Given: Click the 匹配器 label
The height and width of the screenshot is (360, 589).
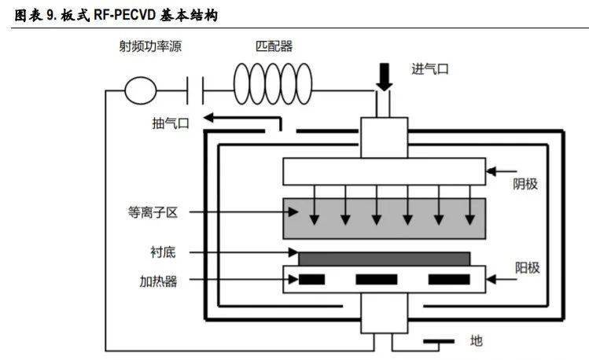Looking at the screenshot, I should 274,46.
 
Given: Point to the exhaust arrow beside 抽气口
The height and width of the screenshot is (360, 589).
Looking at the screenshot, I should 240,119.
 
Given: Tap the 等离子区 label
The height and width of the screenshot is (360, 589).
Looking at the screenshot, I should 149,211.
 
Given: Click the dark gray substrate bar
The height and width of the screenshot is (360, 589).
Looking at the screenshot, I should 384,258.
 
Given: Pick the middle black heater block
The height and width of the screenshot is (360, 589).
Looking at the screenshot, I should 377,279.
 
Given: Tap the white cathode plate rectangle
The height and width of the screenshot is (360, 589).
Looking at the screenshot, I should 384,171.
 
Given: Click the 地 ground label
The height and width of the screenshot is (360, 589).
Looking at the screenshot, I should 476,341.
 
